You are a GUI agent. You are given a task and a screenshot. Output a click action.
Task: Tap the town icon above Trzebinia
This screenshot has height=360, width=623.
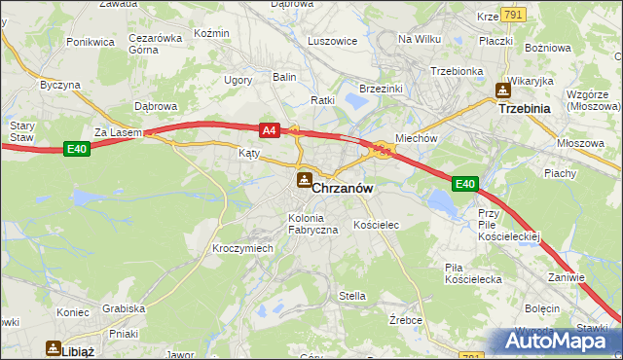[502, 91]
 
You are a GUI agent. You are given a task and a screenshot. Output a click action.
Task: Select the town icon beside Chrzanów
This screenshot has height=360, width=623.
[304, 179]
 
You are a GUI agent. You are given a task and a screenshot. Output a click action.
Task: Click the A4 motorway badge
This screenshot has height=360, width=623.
[270, 129]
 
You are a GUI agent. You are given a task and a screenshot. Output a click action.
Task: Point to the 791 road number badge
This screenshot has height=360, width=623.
[515, 15]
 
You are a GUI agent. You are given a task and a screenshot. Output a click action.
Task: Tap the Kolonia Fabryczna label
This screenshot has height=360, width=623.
[312, 224]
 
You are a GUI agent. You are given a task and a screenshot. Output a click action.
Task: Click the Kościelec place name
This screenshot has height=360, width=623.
[377, 225]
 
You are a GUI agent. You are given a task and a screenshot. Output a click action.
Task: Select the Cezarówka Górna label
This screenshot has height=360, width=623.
[156, 44]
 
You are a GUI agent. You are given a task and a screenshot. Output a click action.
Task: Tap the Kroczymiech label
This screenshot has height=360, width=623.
[242, 248]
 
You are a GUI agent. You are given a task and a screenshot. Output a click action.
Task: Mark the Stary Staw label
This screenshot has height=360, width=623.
[21, 131]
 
